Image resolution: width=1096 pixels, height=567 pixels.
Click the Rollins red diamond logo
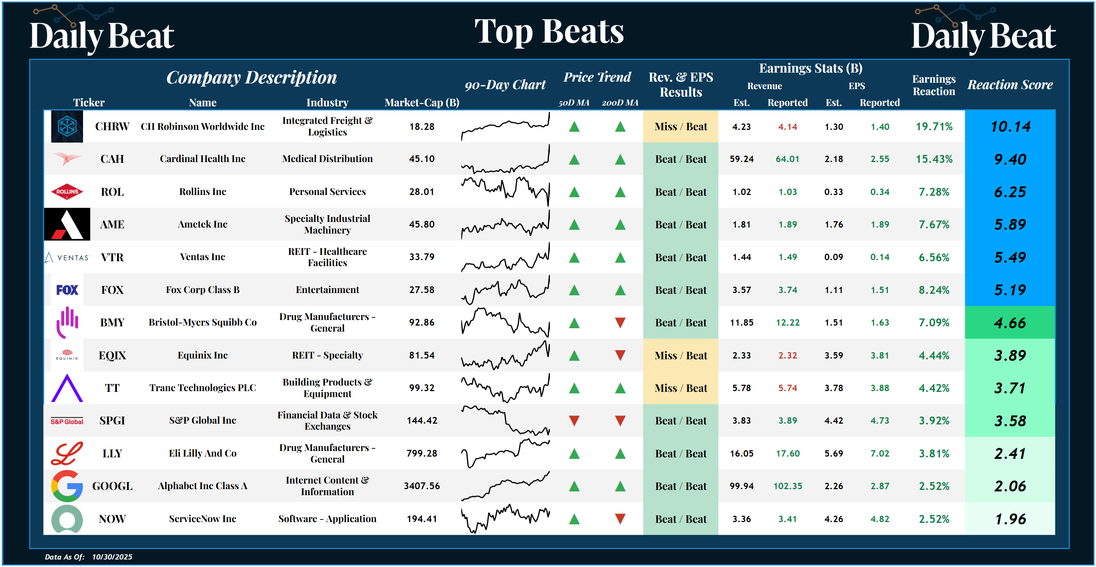pyautogui.click(x=67, y=192)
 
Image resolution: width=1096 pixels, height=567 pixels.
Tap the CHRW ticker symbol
pyautogui.click(x=112, y=126)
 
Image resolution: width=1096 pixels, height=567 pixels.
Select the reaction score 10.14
pyautogui.click(x=1010, y=126)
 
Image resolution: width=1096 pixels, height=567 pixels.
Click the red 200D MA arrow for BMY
pyautogui.click(x=620, y=323)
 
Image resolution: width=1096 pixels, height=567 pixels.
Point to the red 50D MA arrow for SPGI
pyautogui.click(x=574, y=421)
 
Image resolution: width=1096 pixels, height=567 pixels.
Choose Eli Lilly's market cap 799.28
pyautogui.click(x=422, y=453)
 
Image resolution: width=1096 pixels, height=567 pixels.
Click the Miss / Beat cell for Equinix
pyautogui.click(x=680, y=356)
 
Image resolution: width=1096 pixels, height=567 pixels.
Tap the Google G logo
pyautogui.click(x=67, y=486)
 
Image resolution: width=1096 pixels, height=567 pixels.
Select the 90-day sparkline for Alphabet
pyautogui.click(x=505, y=486)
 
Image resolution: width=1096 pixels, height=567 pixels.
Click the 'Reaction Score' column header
pyautogui.click(x=1010, y=85)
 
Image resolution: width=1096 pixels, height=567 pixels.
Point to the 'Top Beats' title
pyautogui.click(x=549, y=31)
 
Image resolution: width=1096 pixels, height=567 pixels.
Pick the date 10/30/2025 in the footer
pyautogui.click(x=112, y=557)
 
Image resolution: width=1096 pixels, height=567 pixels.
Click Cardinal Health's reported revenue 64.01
pyautogui.click(x=787, y=159)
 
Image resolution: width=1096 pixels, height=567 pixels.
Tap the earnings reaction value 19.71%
pyautogui.click(x=934, y=126)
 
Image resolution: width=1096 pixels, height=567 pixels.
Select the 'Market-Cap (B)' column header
pyautogui.click(x=422, y=103)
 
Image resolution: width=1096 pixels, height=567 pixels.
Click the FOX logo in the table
pyautogui.click(x=67, y=290)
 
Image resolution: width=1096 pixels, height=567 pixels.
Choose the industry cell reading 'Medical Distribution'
pyautogui.click(x=327, y=159)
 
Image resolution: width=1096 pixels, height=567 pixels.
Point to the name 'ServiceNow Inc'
pyautogui.click(x=202, y=518)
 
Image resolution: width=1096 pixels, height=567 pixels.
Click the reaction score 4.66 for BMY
pyautogui.click(x=1010, y=323)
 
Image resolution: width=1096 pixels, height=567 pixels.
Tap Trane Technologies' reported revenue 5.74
pyautogui.click(x=787, y=388)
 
